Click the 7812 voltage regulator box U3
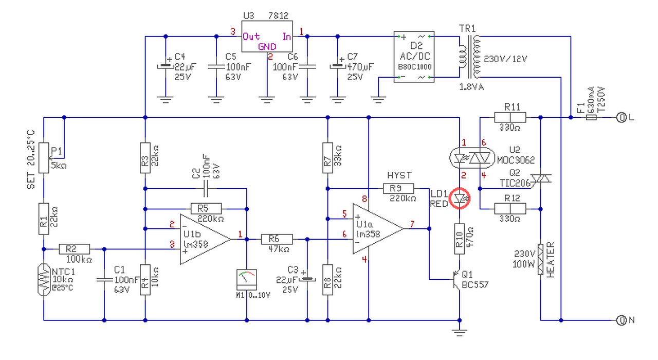(x=267, y=36)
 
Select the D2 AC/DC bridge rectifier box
(x=414, y=57)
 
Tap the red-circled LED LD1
(x=460, y=199)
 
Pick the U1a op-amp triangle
(x=378, y=229)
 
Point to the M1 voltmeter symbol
(x=246, y=280)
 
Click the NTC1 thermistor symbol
(x=44, y=279)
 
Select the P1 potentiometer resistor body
(x=44, y=158)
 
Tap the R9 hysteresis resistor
(x=398, y=188)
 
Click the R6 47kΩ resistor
(x=277, y=239)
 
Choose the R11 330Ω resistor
(x=510, y=117)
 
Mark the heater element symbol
(x=540, y=259)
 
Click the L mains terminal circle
(x=622, y=118)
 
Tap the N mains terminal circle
(x=622, y=320)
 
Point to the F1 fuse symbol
(x=591, y=118)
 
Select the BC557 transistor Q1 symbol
(x=457, y=279)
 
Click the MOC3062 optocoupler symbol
(x=472, y=158)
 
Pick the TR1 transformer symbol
(x=469, y=57)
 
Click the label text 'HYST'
(x=399, y=175)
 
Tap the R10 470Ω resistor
(x=460, y=239)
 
